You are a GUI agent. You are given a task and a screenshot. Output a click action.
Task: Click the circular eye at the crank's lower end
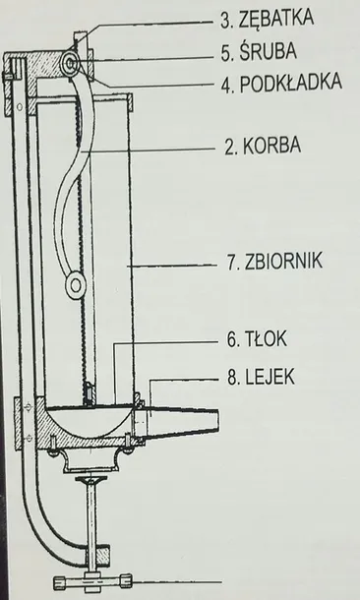pos(76,287)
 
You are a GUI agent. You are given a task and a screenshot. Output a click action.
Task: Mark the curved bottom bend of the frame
pos(39,551)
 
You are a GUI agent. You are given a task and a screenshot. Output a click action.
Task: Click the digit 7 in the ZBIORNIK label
pos(232,263)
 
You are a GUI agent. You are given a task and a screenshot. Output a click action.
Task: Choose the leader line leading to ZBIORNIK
pos(182,263)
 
